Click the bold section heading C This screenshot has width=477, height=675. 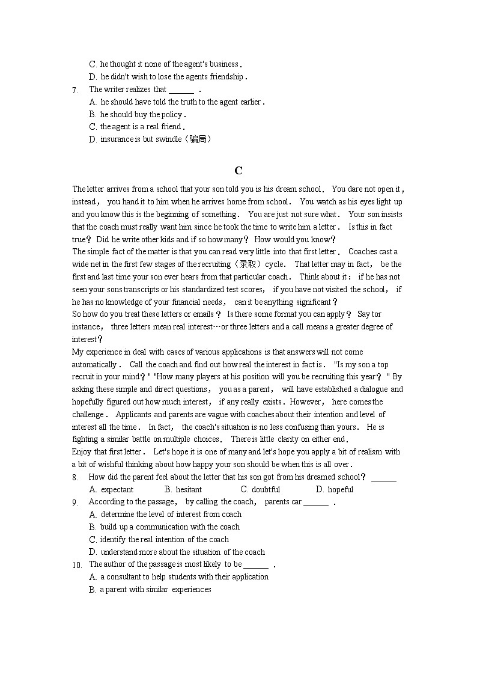click(x=239, y=171)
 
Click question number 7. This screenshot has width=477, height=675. click(x=75, y=90)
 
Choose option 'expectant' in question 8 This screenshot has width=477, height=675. click(x=117, y=490)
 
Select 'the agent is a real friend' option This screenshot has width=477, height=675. click(x=140, y=127)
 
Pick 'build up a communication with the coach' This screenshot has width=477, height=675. click(x=170, y=527)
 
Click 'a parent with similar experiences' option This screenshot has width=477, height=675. click(x=155, y=590)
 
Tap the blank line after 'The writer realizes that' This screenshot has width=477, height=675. click(x=181, y=90)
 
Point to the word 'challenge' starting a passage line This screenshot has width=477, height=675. click(x=88, y=415)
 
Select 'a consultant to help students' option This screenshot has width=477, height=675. click(x=184, y=577)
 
